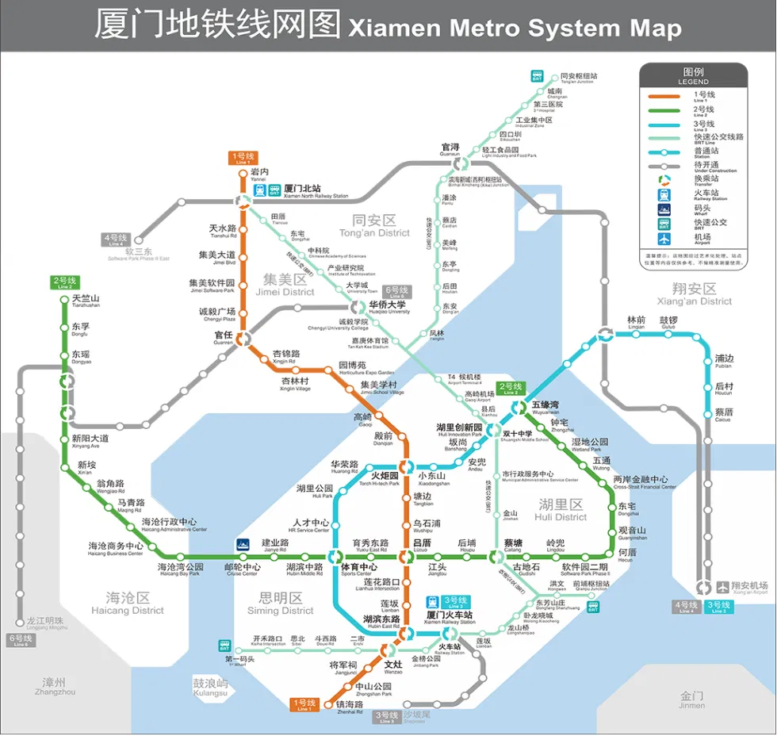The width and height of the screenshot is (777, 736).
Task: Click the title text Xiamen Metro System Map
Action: [x=515, y=28]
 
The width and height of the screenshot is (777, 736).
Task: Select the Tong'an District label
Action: [x=374, y=226]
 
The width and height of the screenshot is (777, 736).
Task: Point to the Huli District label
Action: [x=561, y=510]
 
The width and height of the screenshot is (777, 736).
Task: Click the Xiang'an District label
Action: [x=694, y=294]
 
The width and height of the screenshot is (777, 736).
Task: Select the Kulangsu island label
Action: [x=210, y=687]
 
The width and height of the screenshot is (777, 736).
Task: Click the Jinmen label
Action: [x=691, y=700]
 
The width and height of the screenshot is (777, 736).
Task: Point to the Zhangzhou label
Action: [x=55, y=686]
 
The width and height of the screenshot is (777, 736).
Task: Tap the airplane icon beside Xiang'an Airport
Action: [x=722, y=587]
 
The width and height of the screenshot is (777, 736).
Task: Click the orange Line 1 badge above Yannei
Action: [x=243, y=157]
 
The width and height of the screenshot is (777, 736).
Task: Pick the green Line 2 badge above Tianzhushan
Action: [x=64, y=282]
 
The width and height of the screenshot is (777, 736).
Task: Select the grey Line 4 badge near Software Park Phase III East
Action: [x=115, y=239]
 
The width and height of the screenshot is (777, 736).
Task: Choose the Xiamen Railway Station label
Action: [x=449, y=617]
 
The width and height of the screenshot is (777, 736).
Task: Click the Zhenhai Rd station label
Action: [x=349, y=706]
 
